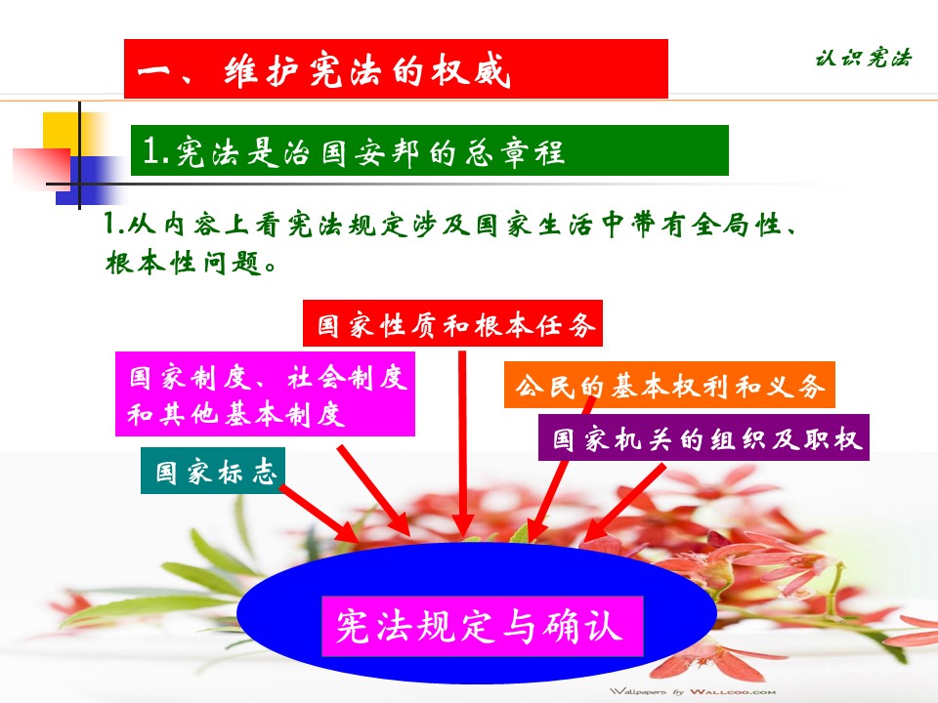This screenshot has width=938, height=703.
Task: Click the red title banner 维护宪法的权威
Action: (x=396, y=68)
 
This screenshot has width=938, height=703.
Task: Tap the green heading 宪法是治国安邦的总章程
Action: (x=430, y=150)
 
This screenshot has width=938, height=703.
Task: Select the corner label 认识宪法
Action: (x=863, y=58)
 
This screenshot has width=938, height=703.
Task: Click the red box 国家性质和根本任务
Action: (x=452, y=323)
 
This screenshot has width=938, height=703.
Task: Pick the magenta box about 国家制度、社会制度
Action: (x=265, y=393)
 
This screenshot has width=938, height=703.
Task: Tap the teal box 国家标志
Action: (x=212, y=471)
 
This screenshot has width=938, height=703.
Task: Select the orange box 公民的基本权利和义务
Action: (x=669, y=385)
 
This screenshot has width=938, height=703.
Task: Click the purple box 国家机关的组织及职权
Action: (x=703, y=437)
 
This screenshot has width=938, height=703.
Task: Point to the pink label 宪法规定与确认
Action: (x=482, y=626)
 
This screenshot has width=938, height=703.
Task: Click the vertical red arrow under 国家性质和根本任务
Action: (x=462, y=443)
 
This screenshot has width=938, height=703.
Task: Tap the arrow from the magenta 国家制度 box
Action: (x=373, y=490)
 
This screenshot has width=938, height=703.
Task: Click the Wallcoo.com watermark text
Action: (x=693, y=691)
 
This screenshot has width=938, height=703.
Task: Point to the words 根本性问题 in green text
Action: (x=186, y=263)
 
